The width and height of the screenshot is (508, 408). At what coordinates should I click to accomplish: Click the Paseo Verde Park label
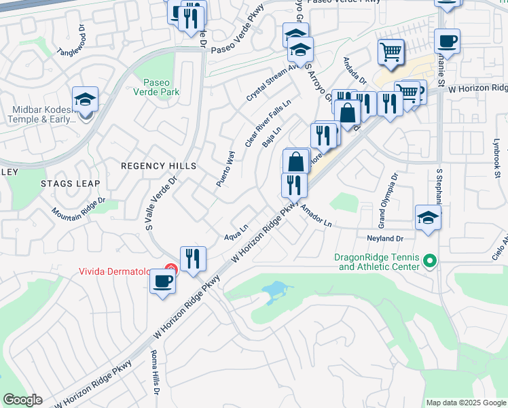(156, 84)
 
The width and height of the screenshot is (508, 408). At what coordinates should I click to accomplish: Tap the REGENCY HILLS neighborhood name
(158, 166)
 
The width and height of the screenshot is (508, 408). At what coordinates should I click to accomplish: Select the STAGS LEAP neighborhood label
(70, 184)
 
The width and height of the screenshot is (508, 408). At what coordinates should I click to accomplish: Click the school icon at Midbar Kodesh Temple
(85, 100)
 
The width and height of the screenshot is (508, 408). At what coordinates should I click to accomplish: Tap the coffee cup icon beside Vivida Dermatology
(162, 281)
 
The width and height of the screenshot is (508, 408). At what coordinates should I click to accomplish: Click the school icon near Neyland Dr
(428, 218)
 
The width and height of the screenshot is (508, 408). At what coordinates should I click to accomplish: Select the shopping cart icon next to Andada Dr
(391, 52)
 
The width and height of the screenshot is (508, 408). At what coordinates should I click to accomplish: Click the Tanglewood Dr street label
(73, 42)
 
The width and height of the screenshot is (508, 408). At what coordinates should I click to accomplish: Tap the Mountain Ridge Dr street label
(79, 209)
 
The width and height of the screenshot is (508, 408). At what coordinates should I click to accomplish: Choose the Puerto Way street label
(225, 169)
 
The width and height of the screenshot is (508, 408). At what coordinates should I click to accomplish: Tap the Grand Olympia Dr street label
(386, 199)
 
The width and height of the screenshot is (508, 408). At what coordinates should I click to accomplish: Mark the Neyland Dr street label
(385, 239)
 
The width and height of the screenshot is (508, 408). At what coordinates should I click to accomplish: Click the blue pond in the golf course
(277, 291)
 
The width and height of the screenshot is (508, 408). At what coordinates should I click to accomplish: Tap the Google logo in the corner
(22, 400)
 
